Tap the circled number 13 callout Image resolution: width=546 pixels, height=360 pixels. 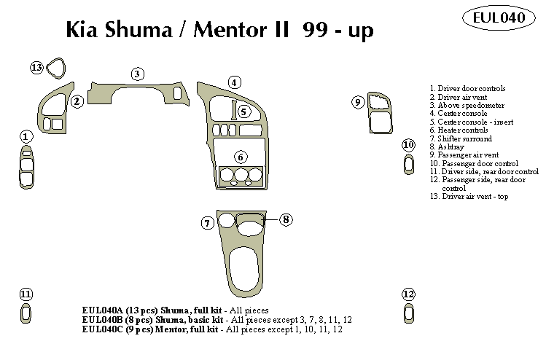pos(36,68)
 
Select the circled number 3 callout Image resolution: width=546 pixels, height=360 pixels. pos(137,73)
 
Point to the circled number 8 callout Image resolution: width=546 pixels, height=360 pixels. pos(286,219)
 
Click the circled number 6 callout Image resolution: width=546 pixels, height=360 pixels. pos(241,157)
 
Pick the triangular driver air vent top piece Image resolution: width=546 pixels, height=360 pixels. pos(57,68)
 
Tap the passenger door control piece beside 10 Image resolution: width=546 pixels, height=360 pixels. pos(408,165)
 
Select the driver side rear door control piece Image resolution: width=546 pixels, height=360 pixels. pos(26,314)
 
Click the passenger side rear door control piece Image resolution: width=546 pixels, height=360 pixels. pos(408,314)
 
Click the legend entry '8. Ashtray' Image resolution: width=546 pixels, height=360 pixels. pos(451,146)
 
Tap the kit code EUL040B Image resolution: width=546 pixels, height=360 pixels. pos(105,319)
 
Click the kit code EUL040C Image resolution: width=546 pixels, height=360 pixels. pos(105,329)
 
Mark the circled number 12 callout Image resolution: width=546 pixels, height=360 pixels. pos(408,294)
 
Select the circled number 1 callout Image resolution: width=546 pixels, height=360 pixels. pos(26,136)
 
